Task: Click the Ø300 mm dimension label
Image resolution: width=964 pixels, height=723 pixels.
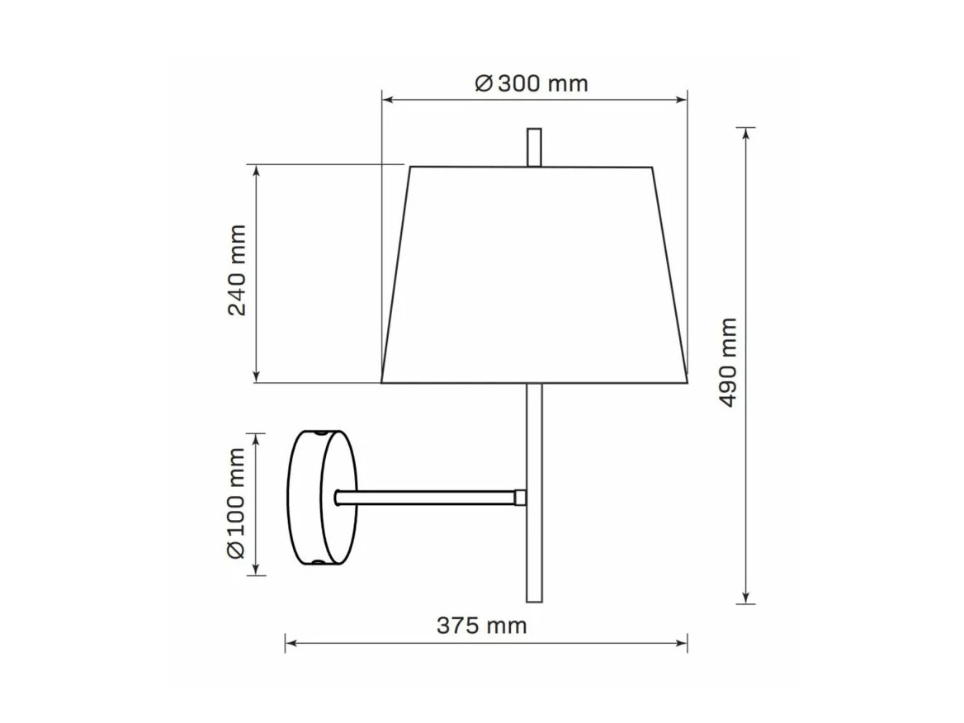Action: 532,83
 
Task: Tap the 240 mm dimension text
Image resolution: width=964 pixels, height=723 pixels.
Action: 237,271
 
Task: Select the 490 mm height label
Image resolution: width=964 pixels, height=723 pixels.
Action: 728,362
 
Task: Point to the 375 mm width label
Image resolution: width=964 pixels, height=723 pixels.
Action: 482,626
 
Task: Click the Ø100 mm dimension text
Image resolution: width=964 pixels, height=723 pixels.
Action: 237,503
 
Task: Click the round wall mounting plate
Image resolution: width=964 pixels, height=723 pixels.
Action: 322,498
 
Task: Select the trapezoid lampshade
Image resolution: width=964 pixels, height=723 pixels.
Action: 534,275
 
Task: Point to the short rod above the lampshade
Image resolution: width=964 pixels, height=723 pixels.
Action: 534,148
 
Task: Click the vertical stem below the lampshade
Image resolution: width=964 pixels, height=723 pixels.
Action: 534,493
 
